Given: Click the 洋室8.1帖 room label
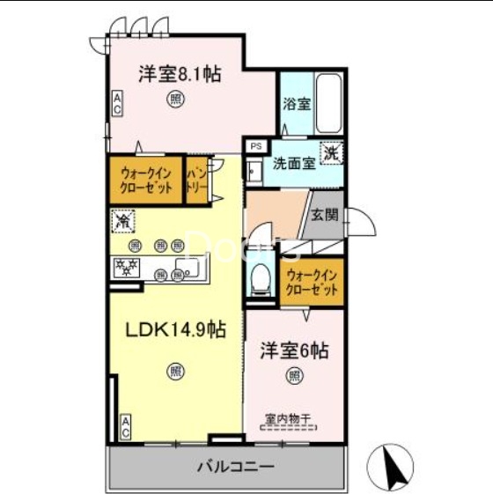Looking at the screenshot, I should point(179,74).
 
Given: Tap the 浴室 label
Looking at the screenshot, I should point(297,104).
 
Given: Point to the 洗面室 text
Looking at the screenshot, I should point(294,163).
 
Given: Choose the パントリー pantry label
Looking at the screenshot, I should point(195,181).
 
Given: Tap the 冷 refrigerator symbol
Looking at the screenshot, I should point(122,219).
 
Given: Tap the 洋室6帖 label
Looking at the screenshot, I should point(294,350).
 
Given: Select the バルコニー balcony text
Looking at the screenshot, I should point(234,466).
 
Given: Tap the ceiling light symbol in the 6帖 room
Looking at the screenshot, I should point(292,376).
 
